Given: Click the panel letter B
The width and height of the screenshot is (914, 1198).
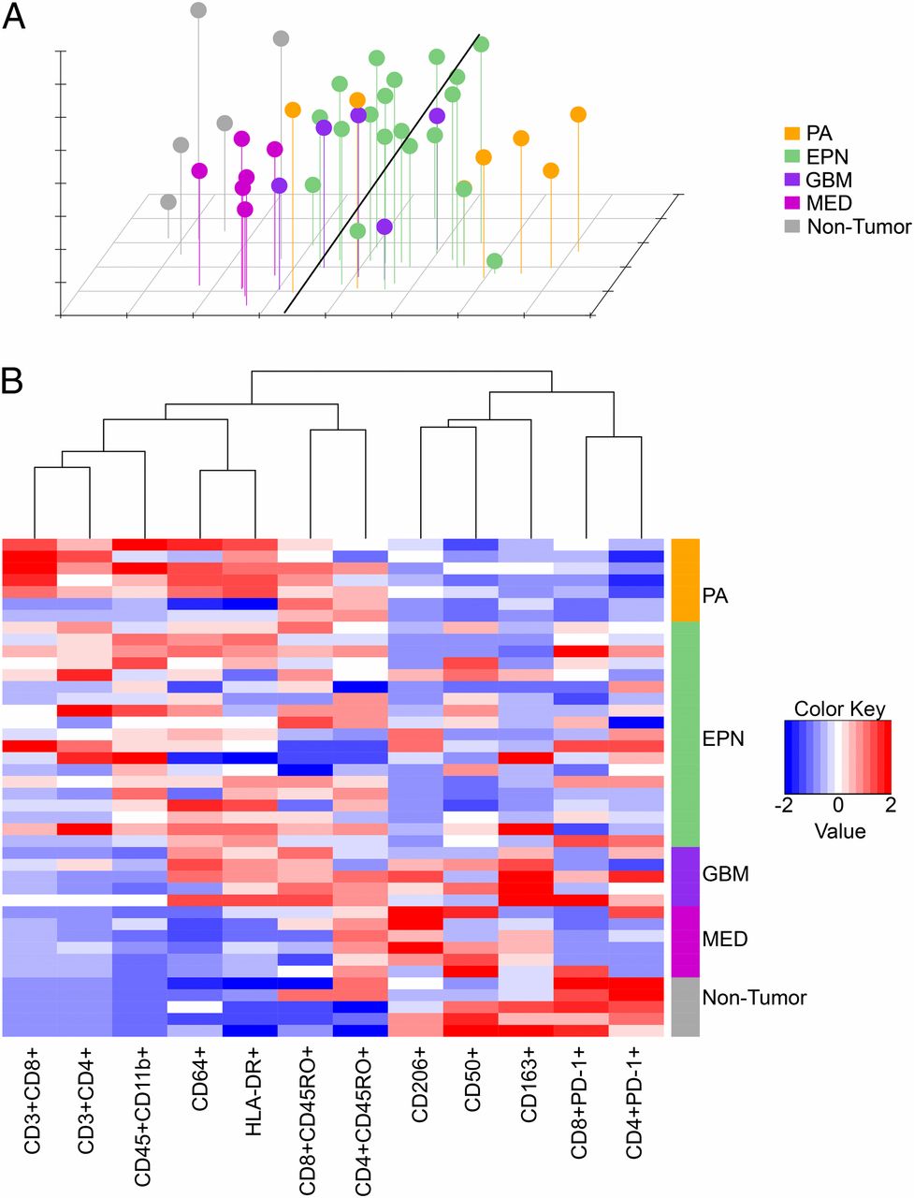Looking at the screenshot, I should point(14,383).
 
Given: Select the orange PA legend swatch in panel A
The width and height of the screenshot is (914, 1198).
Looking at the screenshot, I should point(791,134).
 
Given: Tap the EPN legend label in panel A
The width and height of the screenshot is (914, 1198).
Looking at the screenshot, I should point(827,157).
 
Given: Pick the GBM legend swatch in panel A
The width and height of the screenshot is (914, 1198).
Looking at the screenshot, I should point(791,180).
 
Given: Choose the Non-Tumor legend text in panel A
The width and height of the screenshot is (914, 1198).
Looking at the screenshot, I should point(858,226).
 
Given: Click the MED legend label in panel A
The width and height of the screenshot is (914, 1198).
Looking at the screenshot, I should point(829,203).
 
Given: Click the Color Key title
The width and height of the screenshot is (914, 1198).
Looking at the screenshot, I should point(838,709).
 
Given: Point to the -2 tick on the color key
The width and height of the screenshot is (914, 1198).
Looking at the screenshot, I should point(788,805).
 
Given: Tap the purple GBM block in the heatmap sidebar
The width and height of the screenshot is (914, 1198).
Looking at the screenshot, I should point(685,875).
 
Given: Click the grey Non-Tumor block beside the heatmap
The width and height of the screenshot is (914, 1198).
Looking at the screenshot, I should point(685,1007).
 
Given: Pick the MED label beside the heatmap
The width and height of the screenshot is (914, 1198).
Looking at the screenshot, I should point(724,939).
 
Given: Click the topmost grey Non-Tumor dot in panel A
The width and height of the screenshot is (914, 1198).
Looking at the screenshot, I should point(198,10).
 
